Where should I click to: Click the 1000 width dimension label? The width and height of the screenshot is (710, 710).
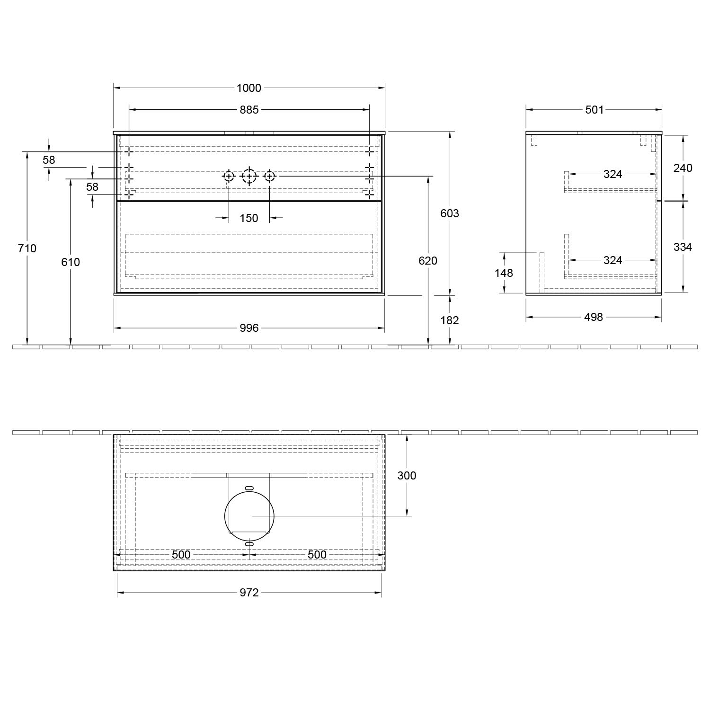249,88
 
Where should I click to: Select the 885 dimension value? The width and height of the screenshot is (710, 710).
249,110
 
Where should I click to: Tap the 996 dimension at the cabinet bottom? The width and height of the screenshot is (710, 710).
249,328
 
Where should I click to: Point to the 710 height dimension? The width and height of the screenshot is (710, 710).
27,248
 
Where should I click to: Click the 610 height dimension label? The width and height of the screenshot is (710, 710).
71,262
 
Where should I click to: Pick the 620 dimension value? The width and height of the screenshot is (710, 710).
428,260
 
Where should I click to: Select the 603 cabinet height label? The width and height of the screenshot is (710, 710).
450,213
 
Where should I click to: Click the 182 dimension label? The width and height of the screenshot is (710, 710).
450,320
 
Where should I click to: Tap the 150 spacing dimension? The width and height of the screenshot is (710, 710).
249,218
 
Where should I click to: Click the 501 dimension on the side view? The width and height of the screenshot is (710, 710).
595,110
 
